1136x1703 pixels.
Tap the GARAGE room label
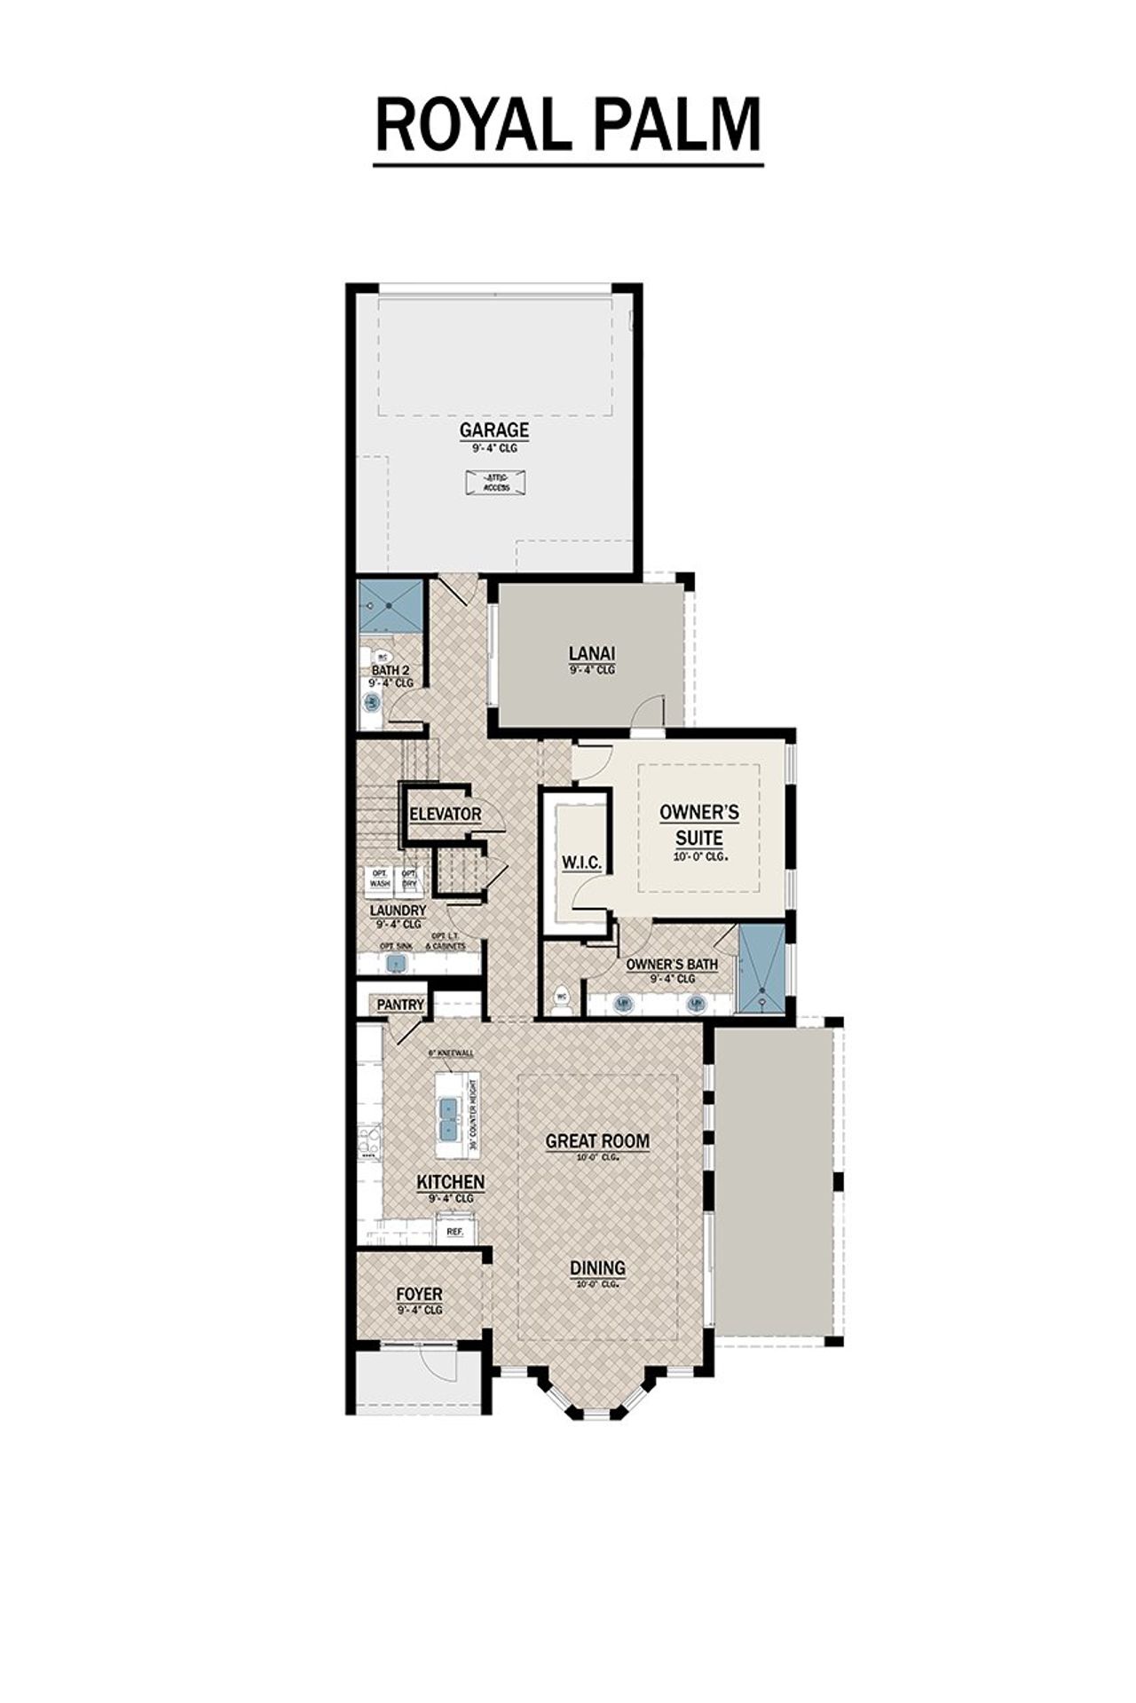493,430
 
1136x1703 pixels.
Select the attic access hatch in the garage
496,482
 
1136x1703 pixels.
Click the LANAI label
592,654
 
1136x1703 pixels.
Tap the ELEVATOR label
445,814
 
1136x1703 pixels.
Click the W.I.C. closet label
581,863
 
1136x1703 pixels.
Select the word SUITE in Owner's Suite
698,838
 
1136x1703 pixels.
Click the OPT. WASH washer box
379,879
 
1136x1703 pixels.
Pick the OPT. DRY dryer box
409,879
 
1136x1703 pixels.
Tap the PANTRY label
400,1005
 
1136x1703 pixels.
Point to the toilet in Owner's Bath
560,999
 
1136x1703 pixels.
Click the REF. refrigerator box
455,1232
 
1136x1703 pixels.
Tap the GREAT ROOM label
596,1141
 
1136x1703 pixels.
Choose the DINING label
597,1268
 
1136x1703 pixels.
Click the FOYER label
419,1295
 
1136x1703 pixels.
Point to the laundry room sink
397,962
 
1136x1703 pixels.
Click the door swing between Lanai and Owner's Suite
651,710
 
